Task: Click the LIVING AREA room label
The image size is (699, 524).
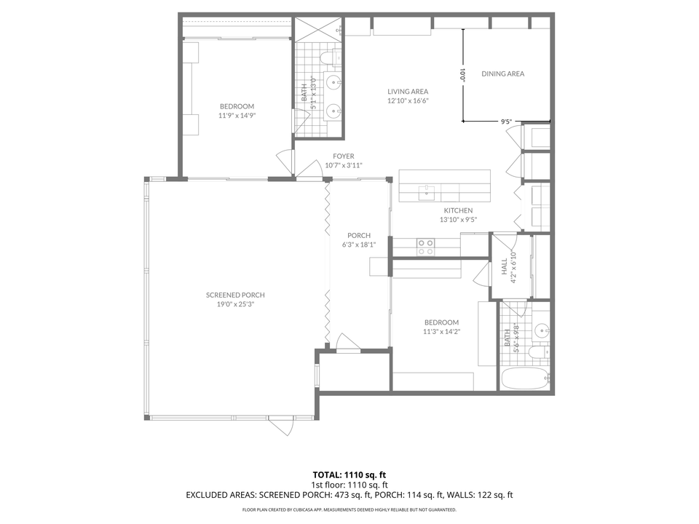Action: pyautogui.click(x=408, y=91)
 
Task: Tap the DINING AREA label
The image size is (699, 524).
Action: pyautogui.click(x=502, y=74)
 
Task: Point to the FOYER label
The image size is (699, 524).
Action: pyautogui.click(x=344, y=156)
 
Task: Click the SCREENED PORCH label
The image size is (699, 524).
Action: pyautogui.click(x=235, y=295)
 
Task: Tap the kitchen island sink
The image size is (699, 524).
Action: pyautogui.click(x=426, y=193)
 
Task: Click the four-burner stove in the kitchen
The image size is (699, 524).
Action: pyautogui.click(x=425, y=247)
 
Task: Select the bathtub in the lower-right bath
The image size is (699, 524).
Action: pyautogui.click(x=525, y=377)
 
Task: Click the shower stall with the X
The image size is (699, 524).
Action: pyautogui.click(x=317, y=30)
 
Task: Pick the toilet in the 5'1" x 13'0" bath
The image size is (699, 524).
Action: pyautogui.click(x=328, y=56)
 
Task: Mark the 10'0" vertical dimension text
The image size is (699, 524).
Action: pyautogui.click(x=462, y=74)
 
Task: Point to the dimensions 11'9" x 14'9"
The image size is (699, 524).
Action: pyautogui.click(x=237, y=115)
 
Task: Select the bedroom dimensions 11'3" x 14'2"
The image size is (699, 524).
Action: pyautogui.click(x=441, y=331)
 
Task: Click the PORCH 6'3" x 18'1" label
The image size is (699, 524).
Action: pyautogui.click(x=359, y=239)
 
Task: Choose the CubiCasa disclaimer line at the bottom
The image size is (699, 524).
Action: pyautogui.click(x=349, y=509)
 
